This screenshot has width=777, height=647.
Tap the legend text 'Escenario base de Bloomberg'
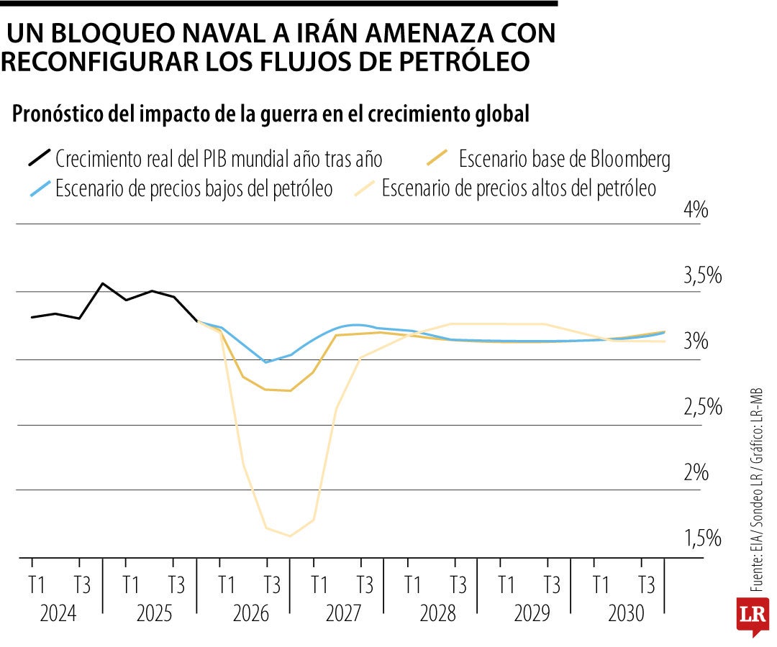coord(563,157)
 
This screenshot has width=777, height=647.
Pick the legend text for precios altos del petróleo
coord(519,189)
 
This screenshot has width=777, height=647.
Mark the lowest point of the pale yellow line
coord(290,536)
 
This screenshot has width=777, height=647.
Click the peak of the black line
coord(103,283)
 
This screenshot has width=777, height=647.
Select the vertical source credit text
coord(755,489)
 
